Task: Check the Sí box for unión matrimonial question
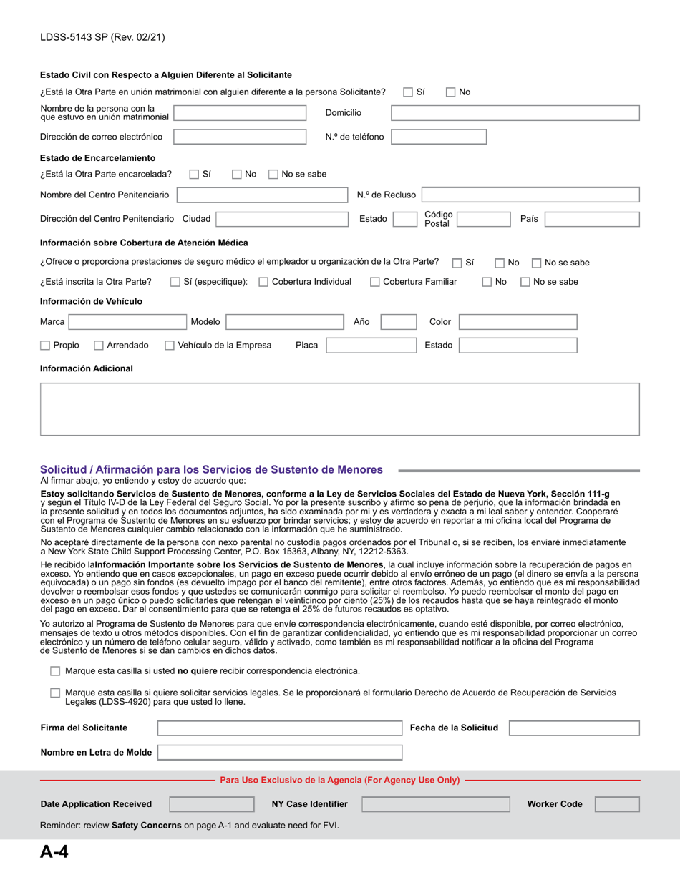coord(408,92)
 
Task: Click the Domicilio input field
coord(515,113)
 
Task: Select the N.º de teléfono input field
coord(439,137)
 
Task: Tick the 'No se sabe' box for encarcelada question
coord(273,174)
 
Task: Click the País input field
coord(592,219)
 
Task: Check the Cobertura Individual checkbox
coord(263,282)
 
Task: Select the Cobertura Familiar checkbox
coord(375,282)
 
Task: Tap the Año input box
coord(397,322)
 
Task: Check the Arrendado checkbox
coord(99,346)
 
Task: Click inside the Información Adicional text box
coord(339,409)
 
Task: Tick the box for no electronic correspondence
coord(55,671)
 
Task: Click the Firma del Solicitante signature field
coord(279,728)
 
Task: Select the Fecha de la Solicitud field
coord(574,728)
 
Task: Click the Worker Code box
coord(617,804)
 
